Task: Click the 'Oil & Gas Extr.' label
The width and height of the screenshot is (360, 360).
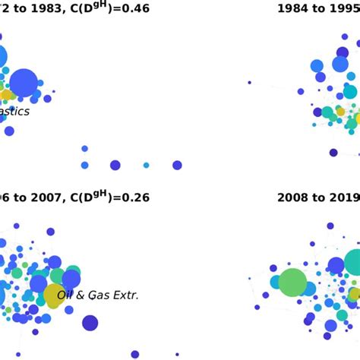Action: point(98,295)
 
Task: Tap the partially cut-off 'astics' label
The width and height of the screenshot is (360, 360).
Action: point(14,112)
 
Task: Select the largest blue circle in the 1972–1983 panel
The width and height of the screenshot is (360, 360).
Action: point(24,83)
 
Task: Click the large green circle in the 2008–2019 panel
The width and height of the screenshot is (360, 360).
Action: point(292,283)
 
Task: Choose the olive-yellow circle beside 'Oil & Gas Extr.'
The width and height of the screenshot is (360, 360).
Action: point(54,295)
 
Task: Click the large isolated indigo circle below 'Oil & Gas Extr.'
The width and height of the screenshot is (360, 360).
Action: point(90,323)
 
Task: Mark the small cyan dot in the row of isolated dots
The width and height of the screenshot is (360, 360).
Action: point(146,165)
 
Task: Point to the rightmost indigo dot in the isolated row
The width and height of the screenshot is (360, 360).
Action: point(177,165)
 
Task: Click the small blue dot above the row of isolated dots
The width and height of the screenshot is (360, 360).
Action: point(84,149)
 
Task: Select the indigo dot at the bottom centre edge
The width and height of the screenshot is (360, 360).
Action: point(134,354)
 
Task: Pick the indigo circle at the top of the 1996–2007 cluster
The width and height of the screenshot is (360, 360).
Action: point(50,232)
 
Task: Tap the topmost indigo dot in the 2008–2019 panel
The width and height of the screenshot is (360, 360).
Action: point(330,226)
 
